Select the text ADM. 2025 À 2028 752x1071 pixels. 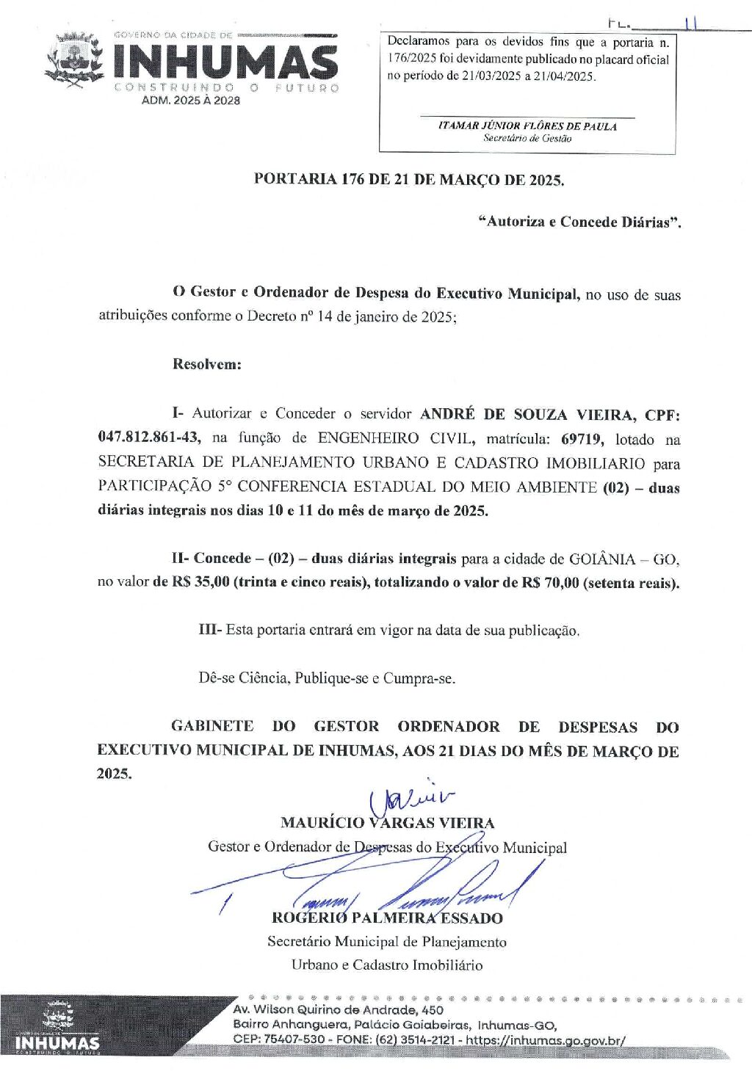(190, 101)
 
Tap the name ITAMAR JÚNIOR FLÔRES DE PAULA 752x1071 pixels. (527, 126)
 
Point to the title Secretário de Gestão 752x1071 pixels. (527, 138)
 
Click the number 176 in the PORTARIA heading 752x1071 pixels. (353, 179)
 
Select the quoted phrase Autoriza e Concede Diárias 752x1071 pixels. (579, 222)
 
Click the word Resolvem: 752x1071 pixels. (206, 364)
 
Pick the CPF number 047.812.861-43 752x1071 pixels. (148, 438)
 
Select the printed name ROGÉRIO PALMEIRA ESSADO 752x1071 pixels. (387, 918)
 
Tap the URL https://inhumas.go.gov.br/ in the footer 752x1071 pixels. (546, 1040)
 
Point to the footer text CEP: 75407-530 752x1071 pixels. (279, 1040)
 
